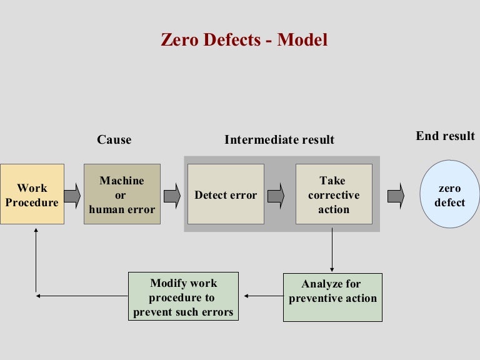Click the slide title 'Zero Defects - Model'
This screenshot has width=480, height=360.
point(244,40)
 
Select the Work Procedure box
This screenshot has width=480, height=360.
point(32,194)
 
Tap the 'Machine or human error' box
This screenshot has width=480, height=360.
point(122,194)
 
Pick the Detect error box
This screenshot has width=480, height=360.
point(226,194)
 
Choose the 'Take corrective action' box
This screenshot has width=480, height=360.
point(334,194)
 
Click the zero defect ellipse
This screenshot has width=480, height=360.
point(450,194)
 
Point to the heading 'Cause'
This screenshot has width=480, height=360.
point(114,139)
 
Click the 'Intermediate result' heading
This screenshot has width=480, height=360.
point(279,139)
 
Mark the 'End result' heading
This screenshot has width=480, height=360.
point(445,136)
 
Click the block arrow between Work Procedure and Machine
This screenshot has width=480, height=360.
point(72,195)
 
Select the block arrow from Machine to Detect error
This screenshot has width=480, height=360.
point(172,195)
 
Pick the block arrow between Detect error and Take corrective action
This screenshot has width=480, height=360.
point(276,195)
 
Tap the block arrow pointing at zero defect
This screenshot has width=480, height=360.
point(396,195)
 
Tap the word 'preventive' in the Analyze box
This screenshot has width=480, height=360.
point(320,298)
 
